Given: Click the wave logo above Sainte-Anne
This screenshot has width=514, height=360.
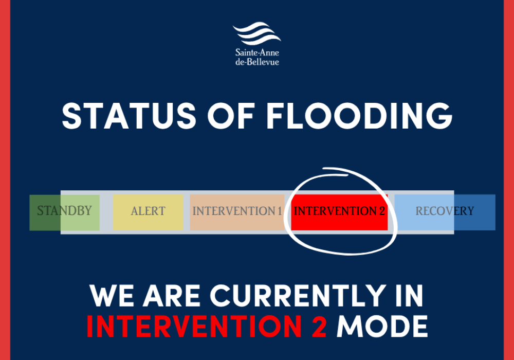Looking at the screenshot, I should click(x=256, y=33).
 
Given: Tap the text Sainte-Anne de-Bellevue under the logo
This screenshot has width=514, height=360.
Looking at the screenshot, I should click(x=257, y=57).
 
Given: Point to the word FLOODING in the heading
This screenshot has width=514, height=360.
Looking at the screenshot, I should click(x=359, y=116).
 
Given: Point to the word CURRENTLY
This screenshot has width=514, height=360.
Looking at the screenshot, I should click(x=297, y=296).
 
